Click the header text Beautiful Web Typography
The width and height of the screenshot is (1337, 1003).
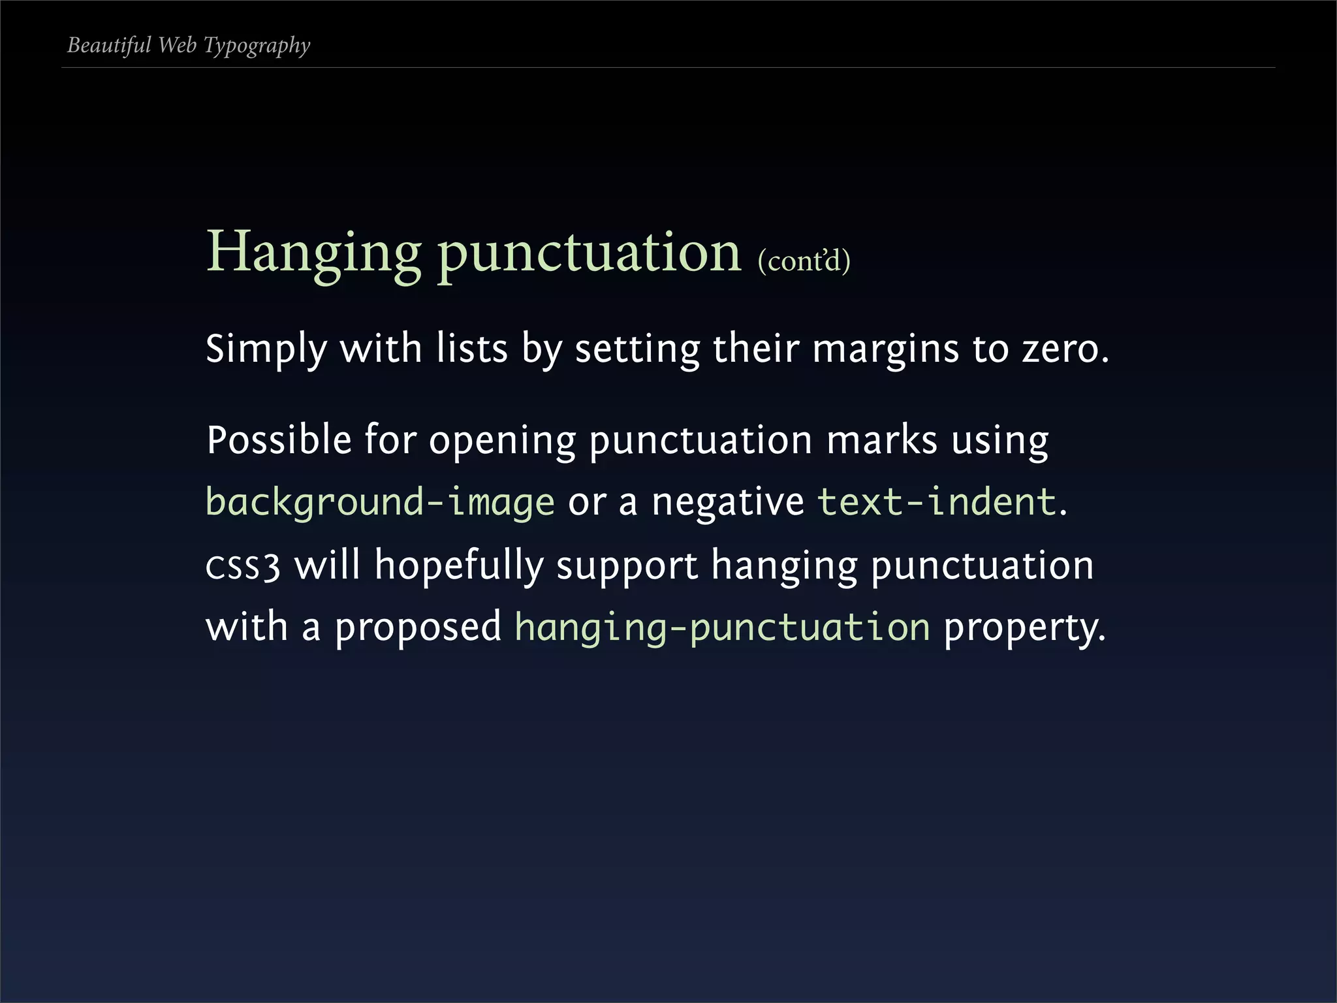(189, 46)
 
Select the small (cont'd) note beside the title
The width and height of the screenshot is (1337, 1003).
(804, 261)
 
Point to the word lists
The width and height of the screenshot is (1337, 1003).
(471, 349)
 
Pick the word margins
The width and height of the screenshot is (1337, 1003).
(885, 349)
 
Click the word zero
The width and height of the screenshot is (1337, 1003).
(1065, 349)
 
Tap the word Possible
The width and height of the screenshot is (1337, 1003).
(279, 439)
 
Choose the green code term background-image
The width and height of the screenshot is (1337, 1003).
(380, 502)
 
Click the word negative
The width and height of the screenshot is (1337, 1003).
(728, 502)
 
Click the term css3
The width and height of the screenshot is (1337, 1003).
(243, 566)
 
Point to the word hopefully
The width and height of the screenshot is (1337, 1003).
(458, 566)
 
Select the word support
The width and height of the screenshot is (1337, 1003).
(627, 566)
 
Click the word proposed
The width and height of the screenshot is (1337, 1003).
(418, 628)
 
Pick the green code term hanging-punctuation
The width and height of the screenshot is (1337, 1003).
(722, 628)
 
